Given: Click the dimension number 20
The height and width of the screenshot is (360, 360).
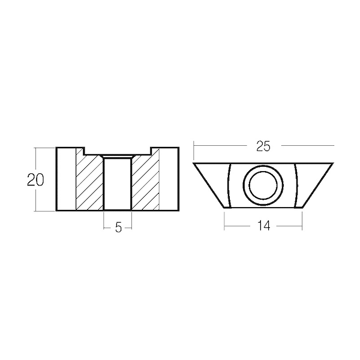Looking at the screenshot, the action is [x=35, y=179].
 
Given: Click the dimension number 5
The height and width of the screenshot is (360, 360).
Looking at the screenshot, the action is [x=118, y=228].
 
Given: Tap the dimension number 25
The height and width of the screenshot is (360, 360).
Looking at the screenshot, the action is [x=263, y=146].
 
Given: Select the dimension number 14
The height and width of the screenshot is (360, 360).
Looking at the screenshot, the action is [x=264, y=225].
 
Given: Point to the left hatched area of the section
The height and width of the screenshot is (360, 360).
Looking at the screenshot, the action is [x=89, y=181].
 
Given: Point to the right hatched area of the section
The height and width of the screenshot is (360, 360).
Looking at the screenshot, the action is [x=145, y=181].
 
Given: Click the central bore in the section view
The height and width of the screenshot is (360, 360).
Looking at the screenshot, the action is [x=118, y=184].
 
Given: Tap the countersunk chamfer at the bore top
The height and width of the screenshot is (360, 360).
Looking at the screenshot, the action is [x=118, y=157].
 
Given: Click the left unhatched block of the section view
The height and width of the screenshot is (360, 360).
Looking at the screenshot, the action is [x=66, y=179].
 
